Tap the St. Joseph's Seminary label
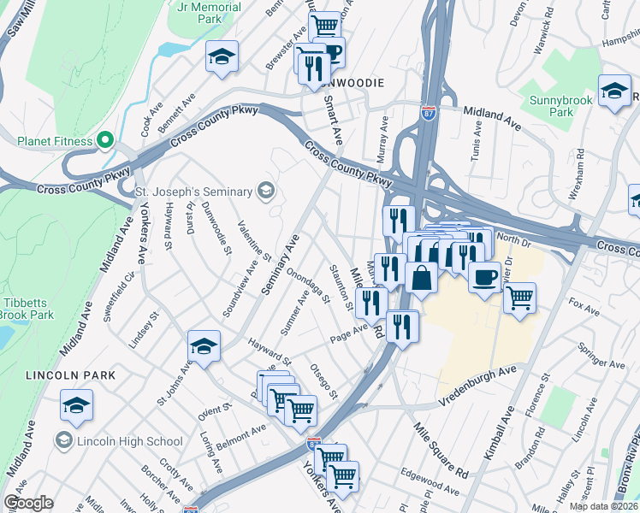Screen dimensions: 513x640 pyautogui.click(x=195, y=190)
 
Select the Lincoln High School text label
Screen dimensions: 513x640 pyautogui.click(x=129, y=441)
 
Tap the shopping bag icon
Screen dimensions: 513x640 pyautogui.click(x=422, y=278)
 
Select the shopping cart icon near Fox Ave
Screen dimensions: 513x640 pyautogui.click(x=519, y=298)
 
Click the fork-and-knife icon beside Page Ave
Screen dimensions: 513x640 pyautogui.click(x=402, y=325)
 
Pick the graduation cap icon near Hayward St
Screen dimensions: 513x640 pyautogui.click(x=204, y=346)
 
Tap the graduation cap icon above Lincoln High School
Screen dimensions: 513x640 pyautogui.click(x=77, y=405)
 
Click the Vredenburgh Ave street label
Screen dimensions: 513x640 pyautogui.click(x=478, y=385)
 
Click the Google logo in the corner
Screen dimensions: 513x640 pyautogui.click(x=28, y=503)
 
